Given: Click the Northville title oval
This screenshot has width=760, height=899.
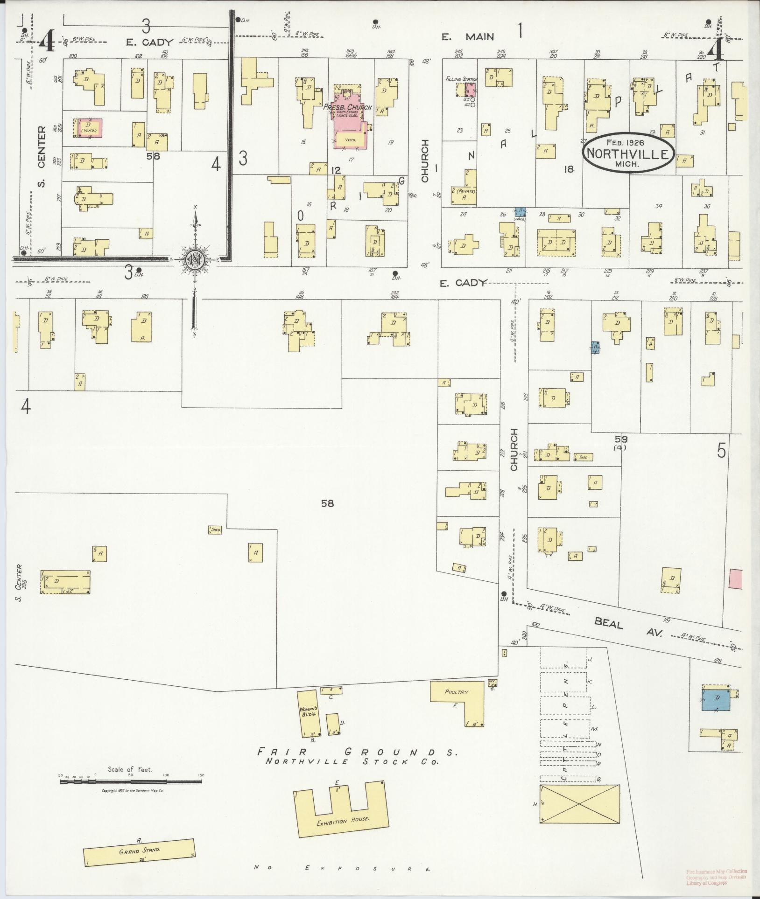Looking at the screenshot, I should pos(628,153).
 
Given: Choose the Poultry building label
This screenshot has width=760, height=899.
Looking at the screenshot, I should pos(456,692).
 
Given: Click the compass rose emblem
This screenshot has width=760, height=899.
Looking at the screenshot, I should pos(194,259).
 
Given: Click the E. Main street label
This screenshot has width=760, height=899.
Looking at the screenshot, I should pos(468,36).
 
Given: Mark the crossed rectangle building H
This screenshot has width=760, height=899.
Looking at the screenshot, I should pos(579,804).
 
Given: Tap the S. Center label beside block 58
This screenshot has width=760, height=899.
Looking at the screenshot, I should pos(42,156).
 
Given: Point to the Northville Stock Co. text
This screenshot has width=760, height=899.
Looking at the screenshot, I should pos(353,762).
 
